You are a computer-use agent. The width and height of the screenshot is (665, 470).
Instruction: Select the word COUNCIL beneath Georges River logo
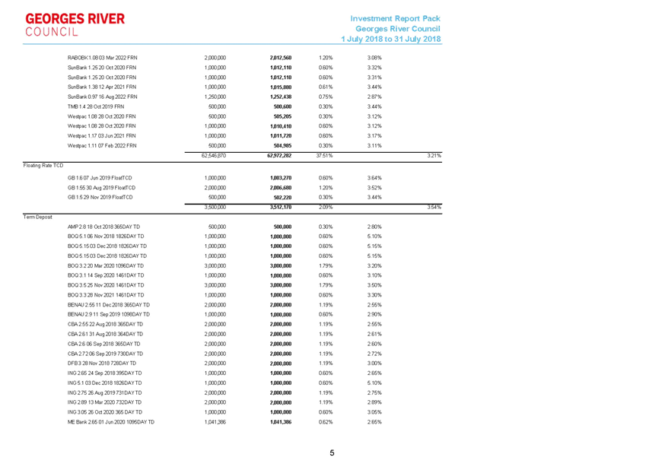pos(51,31)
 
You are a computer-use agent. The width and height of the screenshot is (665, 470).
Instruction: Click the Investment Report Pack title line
pos(396,17)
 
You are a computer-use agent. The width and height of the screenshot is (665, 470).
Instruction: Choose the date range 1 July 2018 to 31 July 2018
pos(392,38)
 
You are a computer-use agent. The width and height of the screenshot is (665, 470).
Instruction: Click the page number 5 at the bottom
pos(332,453)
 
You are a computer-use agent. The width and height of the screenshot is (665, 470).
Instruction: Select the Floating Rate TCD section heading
pos(43,164)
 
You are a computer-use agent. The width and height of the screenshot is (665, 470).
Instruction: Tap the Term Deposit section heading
pos(38,217)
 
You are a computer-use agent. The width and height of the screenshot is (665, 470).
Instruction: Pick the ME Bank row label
pos(111,421)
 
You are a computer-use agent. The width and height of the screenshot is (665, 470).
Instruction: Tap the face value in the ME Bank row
pos(216,421)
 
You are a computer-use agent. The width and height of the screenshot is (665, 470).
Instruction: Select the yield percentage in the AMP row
pos(374,227)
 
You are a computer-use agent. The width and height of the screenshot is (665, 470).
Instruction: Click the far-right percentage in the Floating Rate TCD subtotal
pos(434,207)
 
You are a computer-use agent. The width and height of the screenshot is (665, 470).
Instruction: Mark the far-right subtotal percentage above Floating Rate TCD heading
pos(434,156)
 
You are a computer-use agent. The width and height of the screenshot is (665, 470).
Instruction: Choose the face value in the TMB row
pos(216,106)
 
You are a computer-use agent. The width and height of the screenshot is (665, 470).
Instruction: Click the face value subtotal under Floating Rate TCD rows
pos(213,207)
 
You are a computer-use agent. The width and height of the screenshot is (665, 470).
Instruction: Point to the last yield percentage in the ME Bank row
pos(374,421)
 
